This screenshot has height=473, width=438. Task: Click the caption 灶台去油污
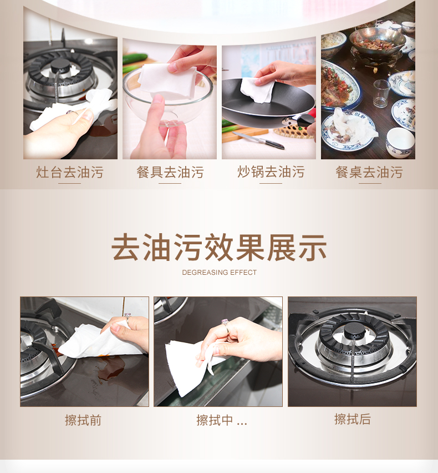coord(70,172)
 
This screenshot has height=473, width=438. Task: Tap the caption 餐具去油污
coord(170,172)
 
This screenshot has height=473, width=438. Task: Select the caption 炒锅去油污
coord(271,172)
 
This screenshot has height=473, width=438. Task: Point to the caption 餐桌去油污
coord(369,172)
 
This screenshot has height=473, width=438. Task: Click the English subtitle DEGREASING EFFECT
coord(220,273)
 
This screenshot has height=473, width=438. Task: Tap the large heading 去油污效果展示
coord(219,248)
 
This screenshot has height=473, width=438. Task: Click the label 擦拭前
coord(83,420)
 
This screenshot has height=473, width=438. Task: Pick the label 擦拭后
coord(353,419)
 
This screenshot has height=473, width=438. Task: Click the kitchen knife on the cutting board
coord(259,140)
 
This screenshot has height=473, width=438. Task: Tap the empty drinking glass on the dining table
coord(381,93)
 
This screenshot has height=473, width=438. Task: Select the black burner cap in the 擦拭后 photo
coord(354,331)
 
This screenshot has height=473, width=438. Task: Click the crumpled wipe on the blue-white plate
coord(353,127)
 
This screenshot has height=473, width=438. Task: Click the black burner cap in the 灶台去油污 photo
coord(60,66)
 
